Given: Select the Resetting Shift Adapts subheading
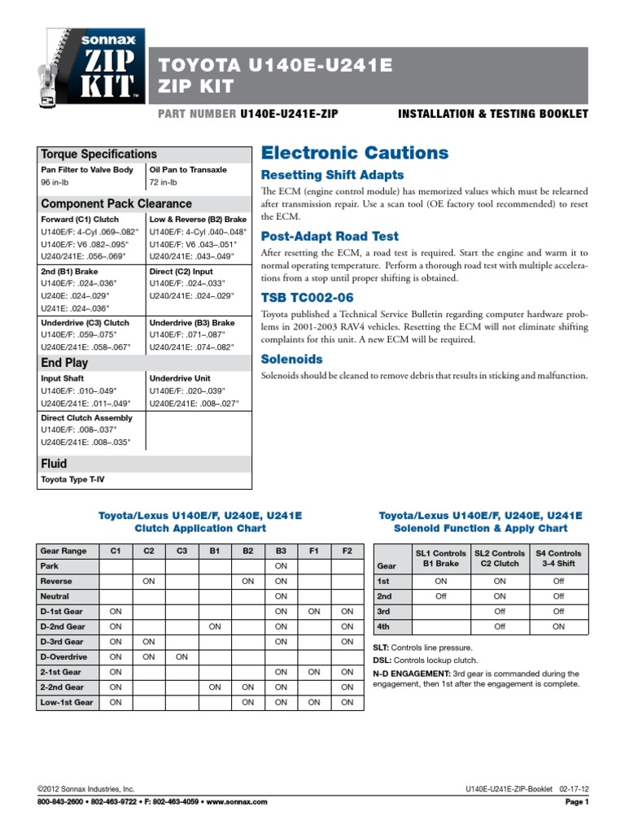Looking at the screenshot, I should pyautogui.click(x=331, y=176).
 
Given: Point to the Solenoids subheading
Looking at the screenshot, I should pyautogui.click(x=291, y=359).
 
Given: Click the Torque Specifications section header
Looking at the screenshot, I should pyautogui.click(x=99, y=154).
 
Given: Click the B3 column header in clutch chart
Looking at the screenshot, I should pyautogui.click(x=282, y=551).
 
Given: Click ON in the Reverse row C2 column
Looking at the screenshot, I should pyautogui.click(x=149, y=582).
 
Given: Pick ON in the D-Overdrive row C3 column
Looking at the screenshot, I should pyautogui.click(x=182, y=656).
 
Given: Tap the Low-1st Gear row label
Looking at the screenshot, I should pyautogui.click(x=67, y=702).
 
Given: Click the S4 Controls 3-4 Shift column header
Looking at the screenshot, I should pyautogui.click(x=558, y=558).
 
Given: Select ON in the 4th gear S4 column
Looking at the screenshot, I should pyautogui.click(x=558, y=626).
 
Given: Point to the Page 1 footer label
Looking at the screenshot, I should pyautogui.click(x=576, y=802).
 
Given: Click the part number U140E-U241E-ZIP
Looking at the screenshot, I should pyautogui.click(x=289, y=114).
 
